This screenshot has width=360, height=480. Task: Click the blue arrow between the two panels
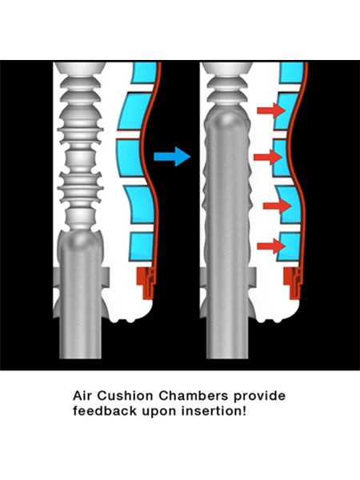(172, 157)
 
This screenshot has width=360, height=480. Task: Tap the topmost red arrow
(271, 110)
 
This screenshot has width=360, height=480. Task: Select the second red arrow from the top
(268, 157)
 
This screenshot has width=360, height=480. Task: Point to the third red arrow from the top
(277, 206)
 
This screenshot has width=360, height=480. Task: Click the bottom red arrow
(271, 246)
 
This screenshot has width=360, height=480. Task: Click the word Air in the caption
(82, 395)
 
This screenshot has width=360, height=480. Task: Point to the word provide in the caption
(260, 396)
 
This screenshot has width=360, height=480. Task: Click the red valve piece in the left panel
(146, 282)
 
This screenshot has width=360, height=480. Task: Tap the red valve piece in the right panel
(293, 282)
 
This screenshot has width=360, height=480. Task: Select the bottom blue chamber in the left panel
(141, 246)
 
